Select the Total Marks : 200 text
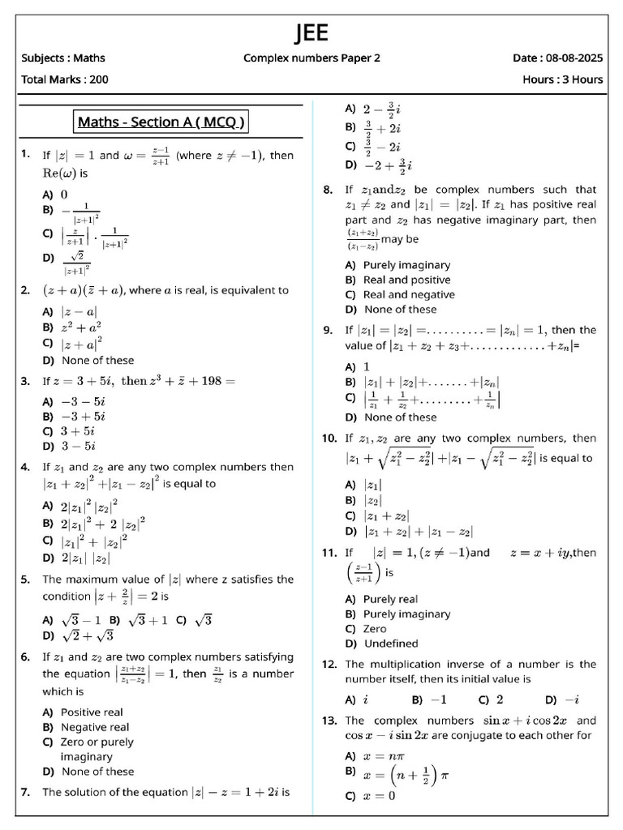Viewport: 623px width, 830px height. [65, 79]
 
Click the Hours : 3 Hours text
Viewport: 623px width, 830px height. [563, 79]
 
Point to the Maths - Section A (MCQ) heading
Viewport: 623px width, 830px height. [161, 122]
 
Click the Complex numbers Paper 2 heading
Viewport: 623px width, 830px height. [311, 58]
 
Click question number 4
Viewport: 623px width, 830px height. [25, 467]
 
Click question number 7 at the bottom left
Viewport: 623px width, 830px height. [25, 792]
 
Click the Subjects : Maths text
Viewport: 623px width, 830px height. [63, 58]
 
